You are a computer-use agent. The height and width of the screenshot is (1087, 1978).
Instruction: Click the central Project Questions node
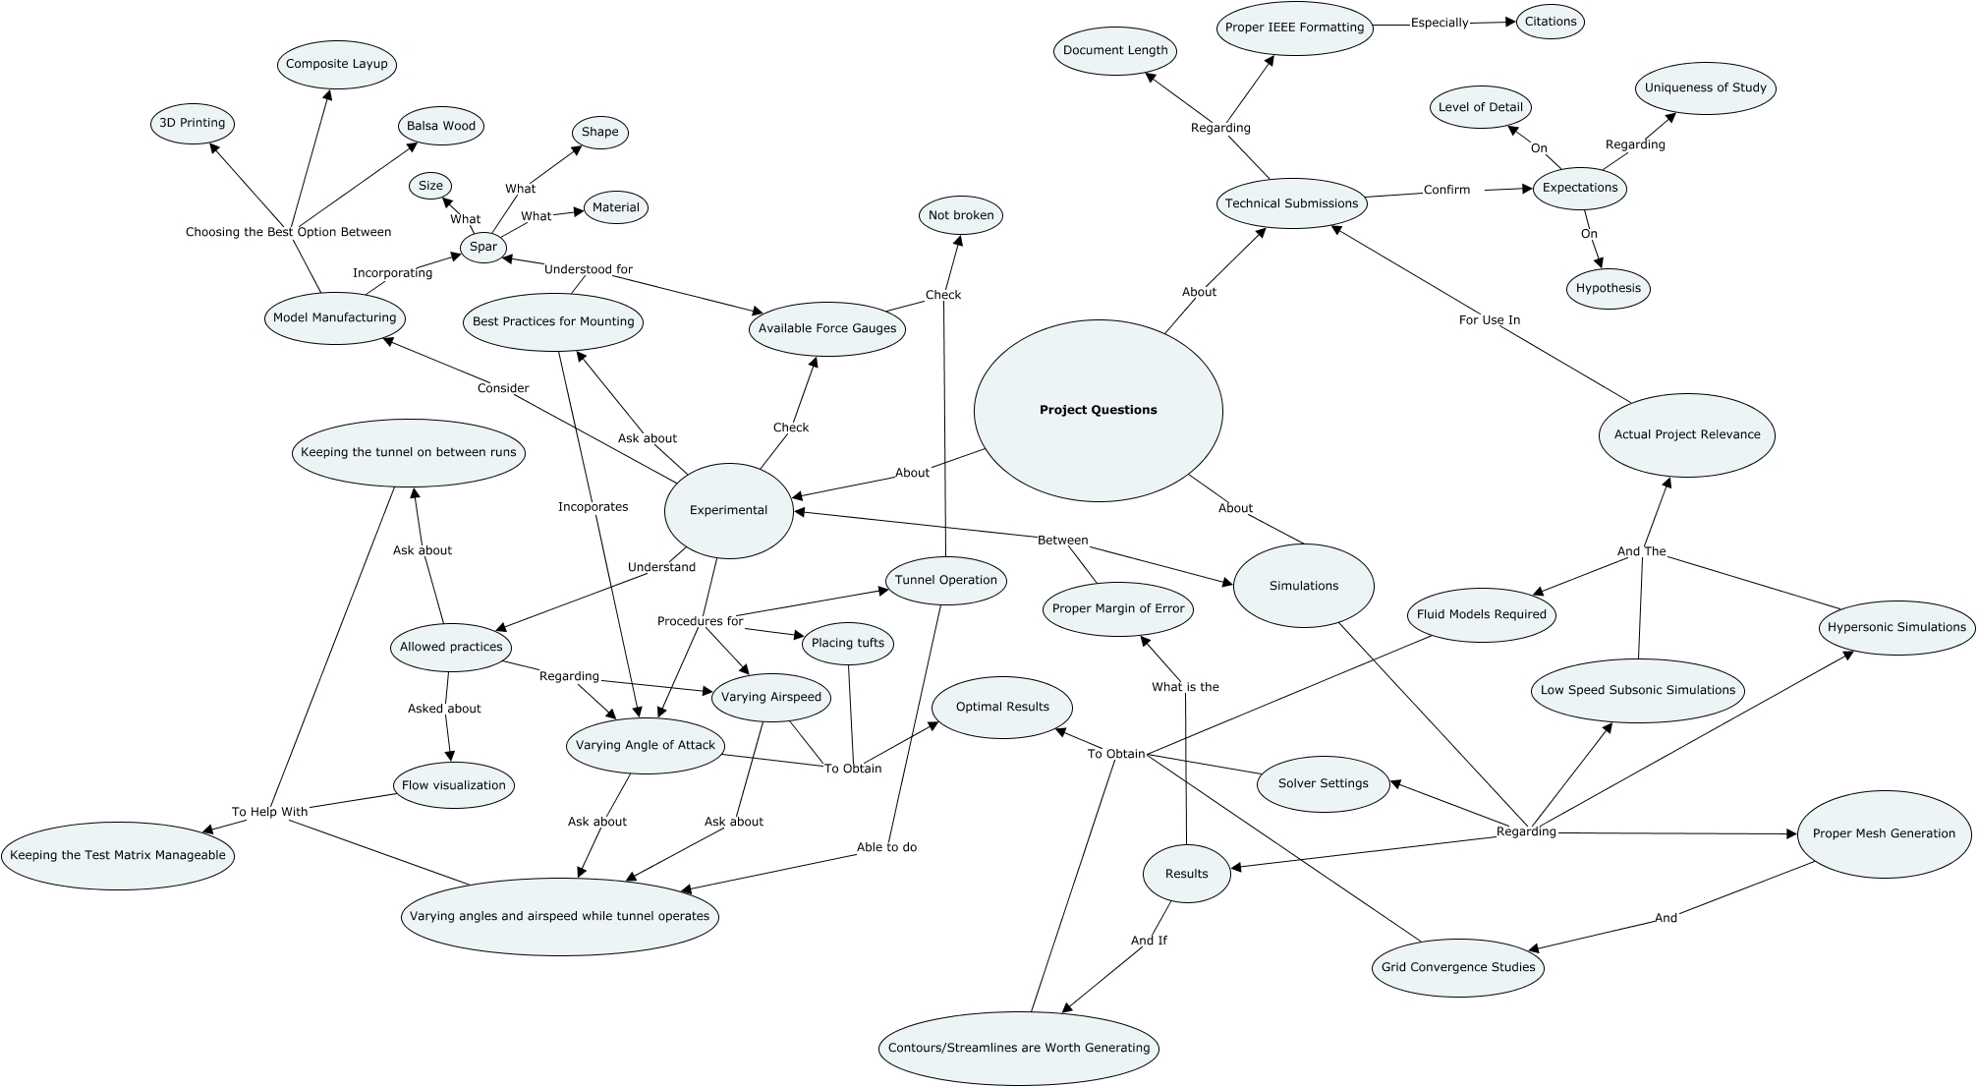click(1099, 410)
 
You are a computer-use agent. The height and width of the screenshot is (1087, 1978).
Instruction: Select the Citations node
click(1551, 22)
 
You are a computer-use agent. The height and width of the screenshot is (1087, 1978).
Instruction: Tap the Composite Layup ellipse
click(337, 64)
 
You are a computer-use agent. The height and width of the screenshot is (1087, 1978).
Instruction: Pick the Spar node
click(482, 247)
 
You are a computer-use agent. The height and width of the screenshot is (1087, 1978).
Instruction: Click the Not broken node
click(961, 215)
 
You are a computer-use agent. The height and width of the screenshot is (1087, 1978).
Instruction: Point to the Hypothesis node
click(1609, 288)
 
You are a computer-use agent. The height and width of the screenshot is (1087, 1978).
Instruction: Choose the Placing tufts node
click(848, 644)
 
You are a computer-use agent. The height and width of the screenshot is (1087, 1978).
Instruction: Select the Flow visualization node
click(454, 785)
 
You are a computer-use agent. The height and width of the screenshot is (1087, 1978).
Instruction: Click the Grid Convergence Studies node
click(1458, 967)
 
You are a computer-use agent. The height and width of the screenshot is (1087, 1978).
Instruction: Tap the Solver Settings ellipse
click(1324, 783)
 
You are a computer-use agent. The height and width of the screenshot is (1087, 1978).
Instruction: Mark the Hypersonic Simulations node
click(1896, 627)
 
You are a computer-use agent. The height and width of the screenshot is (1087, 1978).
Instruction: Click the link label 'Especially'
click(1440, 23)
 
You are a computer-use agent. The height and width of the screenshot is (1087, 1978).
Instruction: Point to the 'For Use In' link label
click(1490, 319)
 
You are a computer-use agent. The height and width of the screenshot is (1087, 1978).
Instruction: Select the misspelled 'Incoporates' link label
click(593, 507)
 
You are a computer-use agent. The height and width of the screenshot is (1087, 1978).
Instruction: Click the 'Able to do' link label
click(886, 847)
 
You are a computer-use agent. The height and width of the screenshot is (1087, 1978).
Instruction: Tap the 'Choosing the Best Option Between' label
click(289, 232)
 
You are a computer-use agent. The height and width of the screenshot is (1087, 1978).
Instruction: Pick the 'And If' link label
click(1149, 941)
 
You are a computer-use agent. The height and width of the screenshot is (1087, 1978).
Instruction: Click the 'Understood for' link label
click(589, 269)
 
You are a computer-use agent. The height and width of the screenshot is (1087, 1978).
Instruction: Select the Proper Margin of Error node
click(1118, 608)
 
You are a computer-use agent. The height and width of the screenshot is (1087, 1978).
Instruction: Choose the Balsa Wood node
click(441, 126)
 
